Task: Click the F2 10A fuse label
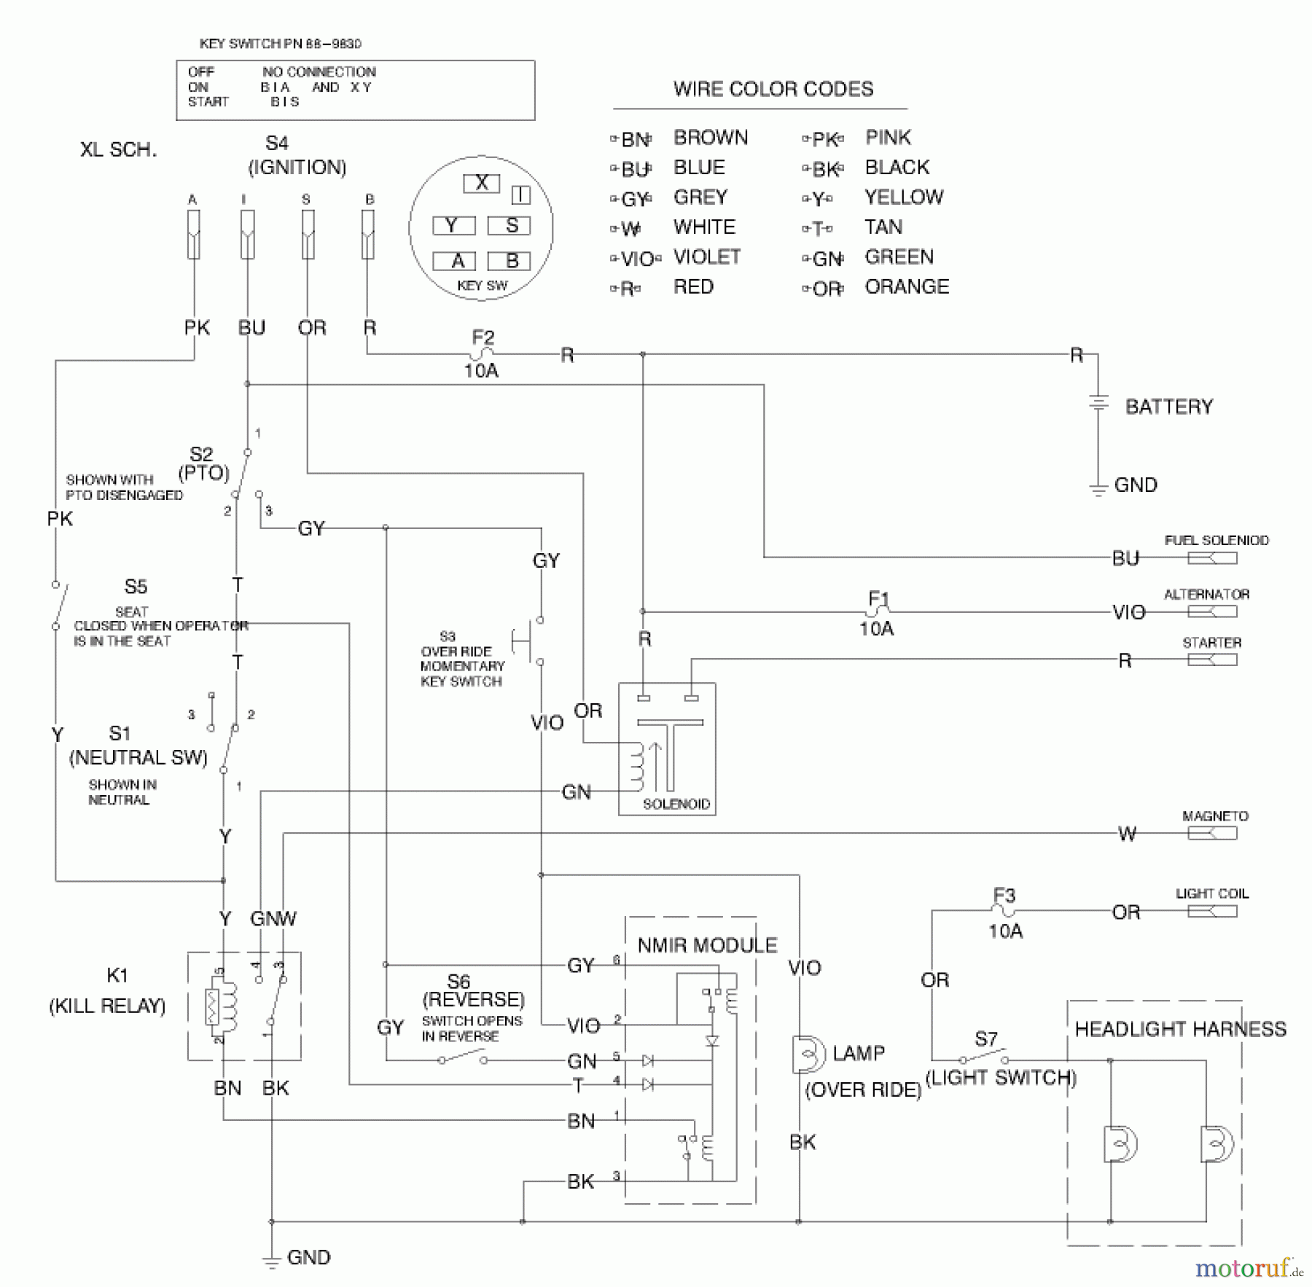(x=482, y=353)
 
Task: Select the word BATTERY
(x=1168, y=407)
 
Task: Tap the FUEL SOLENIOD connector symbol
(x=1211, y=558)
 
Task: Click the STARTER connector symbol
(x=1211, y=660)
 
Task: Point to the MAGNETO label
(x=1214, y=816)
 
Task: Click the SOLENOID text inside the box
(x=676, y=804)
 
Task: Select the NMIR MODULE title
(x=707, y=945)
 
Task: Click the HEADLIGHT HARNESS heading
(x=1180, y=1029)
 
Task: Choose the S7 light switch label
(x=985, y=1039)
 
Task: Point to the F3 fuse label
(x=1004, y=895)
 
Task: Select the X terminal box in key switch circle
(x=481, y=183)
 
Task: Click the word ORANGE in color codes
(x=906, y=287)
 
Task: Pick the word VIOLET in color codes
(x=706, y=257)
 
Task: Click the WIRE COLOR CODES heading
(x=773, y=89)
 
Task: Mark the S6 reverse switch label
(x=458, y=982)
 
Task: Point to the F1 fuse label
(x=878, y=599)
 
